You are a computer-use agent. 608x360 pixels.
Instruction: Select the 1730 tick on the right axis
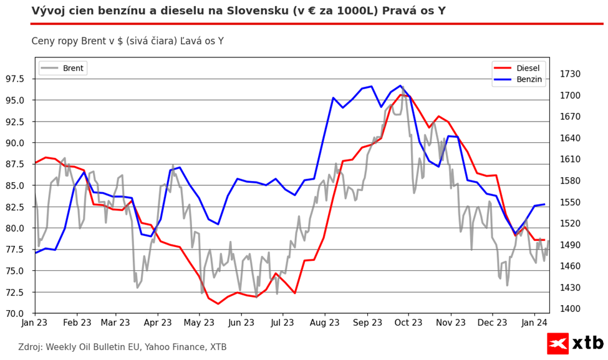(x=570, y=74)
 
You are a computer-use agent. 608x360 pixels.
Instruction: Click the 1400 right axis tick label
(x=570, y=309)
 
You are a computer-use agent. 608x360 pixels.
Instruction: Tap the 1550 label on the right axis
(x=570, y=202)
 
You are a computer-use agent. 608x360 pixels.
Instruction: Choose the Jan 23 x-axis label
(x=34, y=323)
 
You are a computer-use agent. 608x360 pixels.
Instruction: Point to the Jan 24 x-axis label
(x=534, y=323)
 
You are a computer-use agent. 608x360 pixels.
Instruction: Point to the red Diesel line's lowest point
(x=218, y=304)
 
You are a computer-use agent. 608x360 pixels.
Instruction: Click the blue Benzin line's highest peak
(x=400, y=85)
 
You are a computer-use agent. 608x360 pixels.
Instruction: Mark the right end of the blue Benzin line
(x=544, y=204)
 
